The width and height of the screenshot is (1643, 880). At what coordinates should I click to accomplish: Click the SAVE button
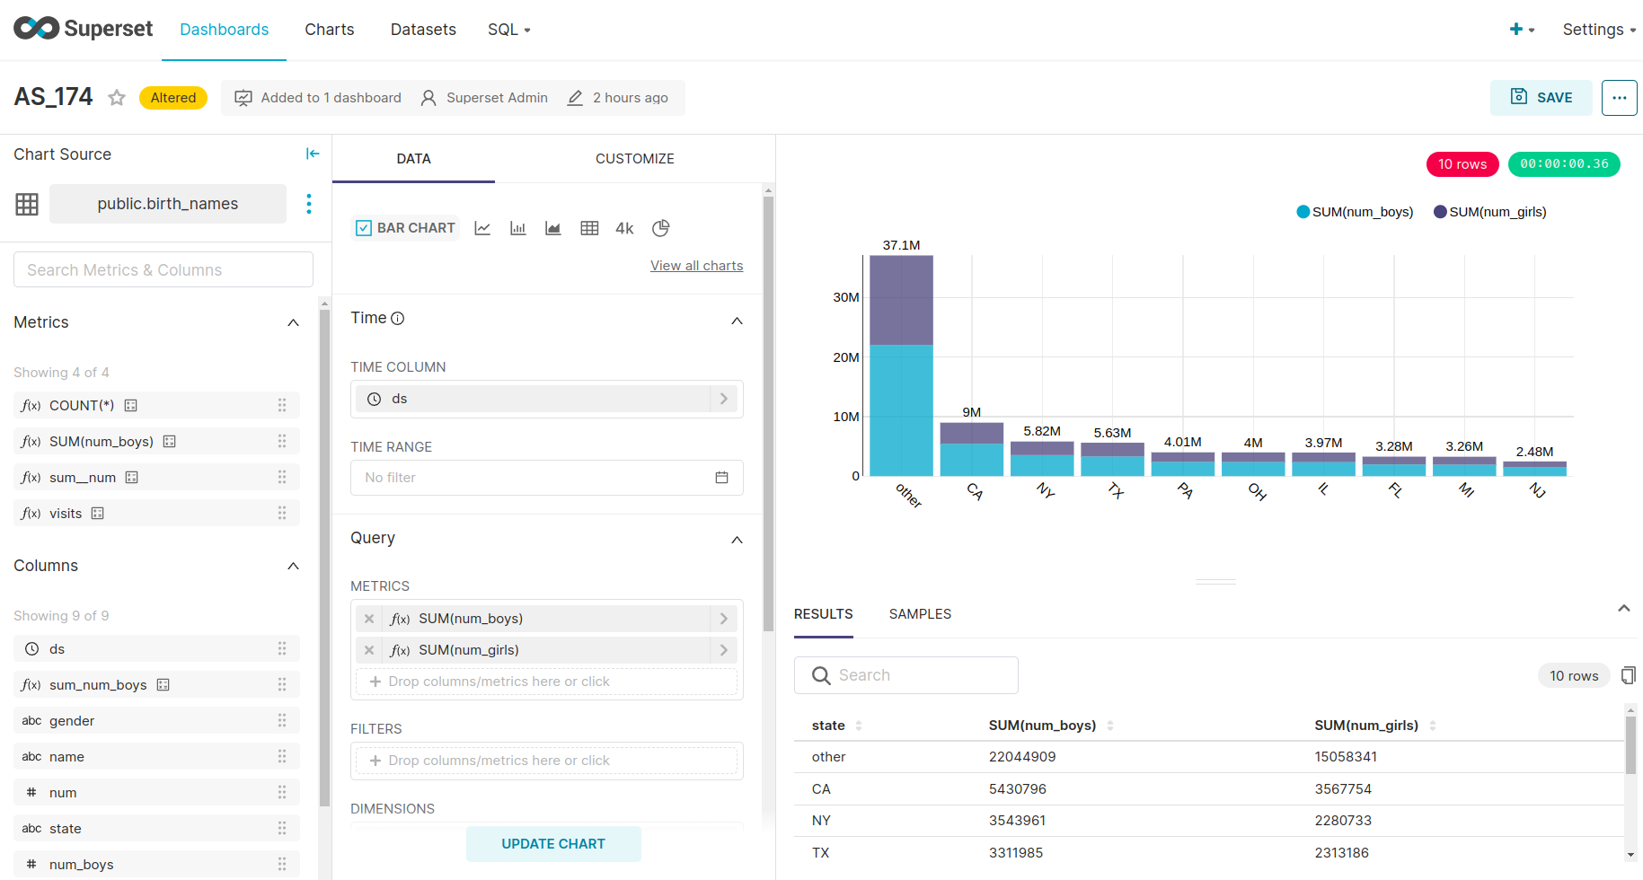[1541, 98]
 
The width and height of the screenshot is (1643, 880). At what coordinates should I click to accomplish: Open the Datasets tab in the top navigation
[423, 30]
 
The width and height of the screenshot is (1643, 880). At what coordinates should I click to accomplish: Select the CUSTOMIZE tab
[634, 159]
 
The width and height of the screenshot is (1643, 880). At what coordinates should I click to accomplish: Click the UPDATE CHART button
[553, 844]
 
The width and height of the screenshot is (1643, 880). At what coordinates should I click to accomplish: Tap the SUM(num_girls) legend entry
[1490, 212]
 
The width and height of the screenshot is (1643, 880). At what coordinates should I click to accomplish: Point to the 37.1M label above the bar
[901, 245]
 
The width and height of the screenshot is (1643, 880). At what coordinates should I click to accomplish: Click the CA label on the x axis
[975, 491]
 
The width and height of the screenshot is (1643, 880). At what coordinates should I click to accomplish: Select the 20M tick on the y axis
[845, 357]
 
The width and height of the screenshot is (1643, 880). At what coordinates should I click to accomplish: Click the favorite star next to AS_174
[117, 98]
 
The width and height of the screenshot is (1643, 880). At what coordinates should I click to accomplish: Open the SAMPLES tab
[920, 614]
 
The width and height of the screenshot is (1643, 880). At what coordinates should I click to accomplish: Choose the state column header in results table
[828, 726]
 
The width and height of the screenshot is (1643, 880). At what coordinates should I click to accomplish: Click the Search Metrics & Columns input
[163, 270]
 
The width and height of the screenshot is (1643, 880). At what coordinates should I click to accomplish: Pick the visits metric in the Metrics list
[66, 514]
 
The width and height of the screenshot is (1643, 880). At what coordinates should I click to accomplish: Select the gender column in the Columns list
[72, 721]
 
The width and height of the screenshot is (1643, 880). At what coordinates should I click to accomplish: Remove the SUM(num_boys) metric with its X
[369, 619]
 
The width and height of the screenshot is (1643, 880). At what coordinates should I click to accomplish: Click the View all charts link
[696, 266]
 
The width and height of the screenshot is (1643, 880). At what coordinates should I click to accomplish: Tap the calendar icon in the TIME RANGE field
[721, 478]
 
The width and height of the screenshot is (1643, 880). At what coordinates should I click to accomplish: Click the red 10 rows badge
[1462, 164]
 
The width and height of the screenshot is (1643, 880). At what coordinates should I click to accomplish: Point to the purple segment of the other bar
[901, 300]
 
